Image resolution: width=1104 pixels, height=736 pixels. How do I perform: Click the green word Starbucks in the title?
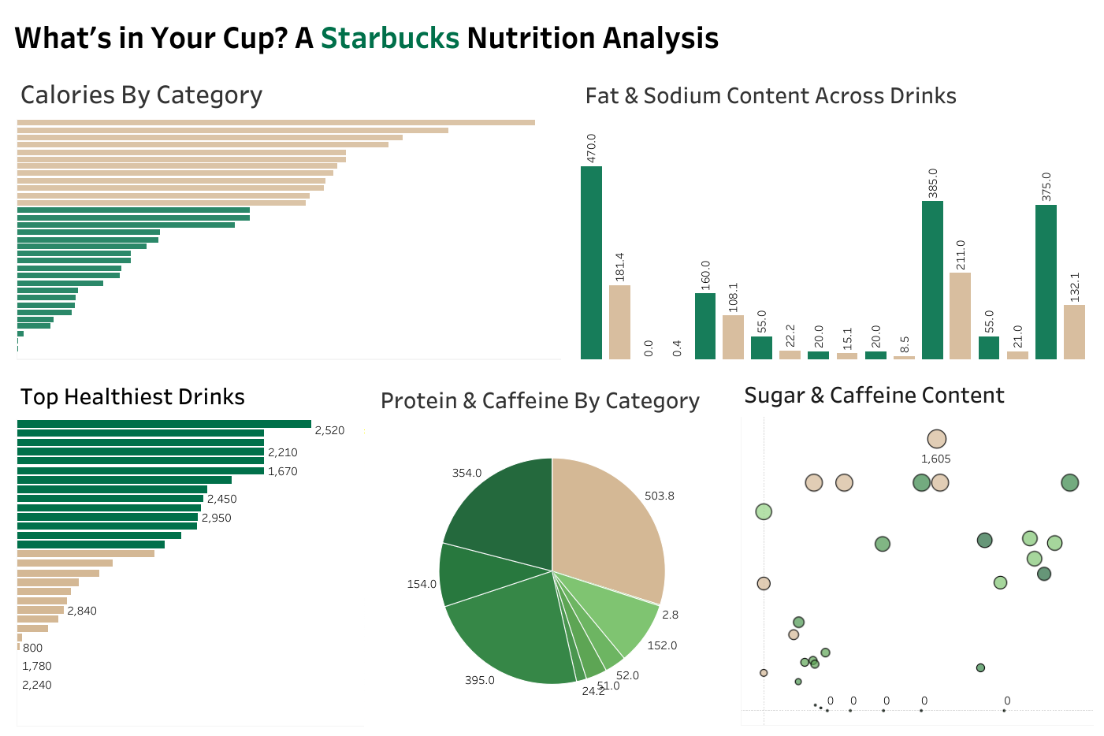click(389, 38)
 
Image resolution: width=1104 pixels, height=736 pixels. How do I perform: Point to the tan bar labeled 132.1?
click(1074, 332)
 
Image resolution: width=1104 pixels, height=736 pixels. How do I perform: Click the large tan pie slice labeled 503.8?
click(611, 528)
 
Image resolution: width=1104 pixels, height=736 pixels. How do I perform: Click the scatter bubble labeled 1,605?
click(936, 439)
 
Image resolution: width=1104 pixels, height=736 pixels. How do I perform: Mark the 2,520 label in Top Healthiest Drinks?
click(329, 430)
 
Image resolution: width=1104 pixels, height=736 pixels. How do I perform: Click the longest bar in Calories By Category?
click(276, 122)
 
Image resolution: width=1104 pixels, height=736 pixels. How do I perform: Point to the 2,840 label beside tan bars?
click(82, 611)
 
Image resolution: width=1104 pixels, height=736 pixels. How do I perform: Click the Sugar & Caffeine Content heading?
click(874, 395)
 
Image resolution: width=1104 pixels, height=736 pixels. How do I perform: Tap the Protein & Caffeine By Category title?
click(540, 400)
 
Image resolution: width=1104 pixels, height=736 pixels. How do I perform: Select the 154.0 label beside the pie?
click(422, 584)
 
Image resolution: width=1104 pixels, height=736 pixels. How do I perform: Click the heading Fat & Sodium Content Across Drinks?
click(770, 95)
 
